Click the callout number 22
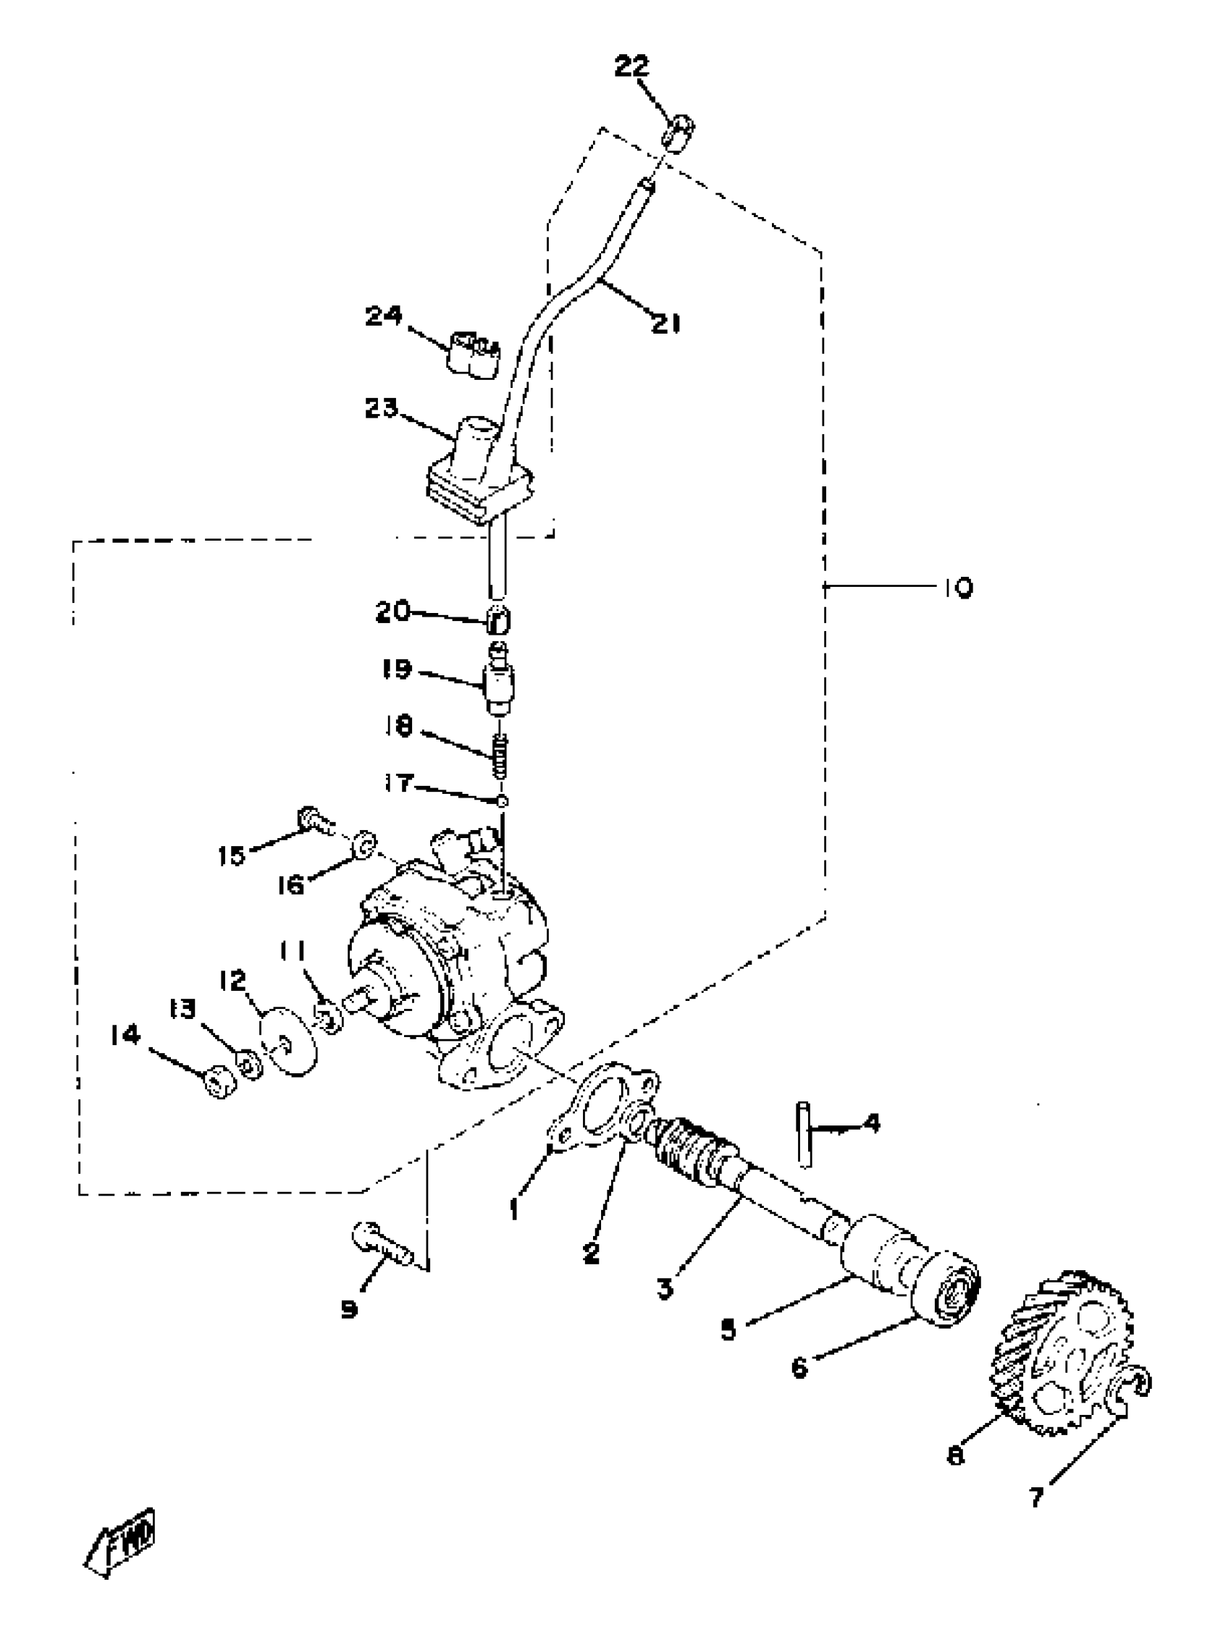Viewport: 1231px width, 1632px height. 631,67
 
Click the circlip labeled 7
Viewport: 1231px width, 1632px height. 1128,1389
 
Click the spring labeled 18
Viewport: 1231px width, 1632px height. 501,756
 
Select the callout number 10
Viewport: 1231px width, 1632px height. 957,588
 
